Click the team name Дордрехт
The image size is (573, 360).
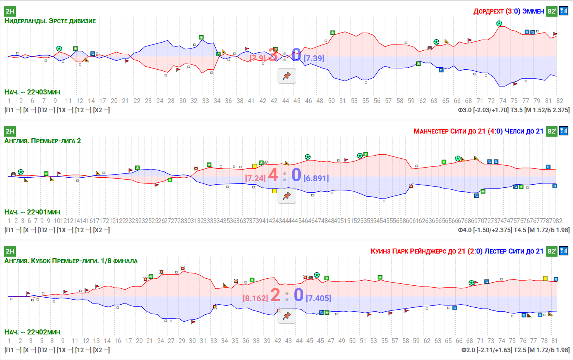tap(488, 11)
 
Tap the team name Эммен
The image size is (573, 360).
tap(533, 11)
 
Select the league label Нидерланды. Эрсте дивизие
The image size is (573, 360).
tap(50, 21)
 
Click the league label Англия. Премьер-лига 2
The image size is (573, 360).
tap(43, 141)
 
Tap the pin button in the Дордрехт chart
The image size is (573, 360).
tap(287, 76)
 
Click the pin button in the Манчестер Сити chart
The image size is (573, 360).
tap(287, 196)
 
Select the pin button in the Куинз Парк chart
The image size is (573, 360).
tap(287, 316)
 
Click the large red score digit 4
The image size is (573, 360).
tap(273, 175)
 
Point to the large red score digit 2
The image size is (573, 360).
tap(275, 295)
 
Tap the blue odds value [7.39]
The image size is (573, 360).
tap(314, 58)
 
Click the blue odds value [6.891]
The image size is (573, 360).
tap(316, 178)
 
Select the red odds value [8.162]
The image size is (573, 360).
tap(255, 298)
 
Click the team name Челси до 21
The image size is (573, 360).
tap(524, 131)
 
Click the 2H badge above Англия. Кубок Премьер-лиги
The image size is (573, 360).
tap(10, 251)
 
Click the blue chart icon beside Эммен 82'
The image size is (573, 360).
tap(564, 11)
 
